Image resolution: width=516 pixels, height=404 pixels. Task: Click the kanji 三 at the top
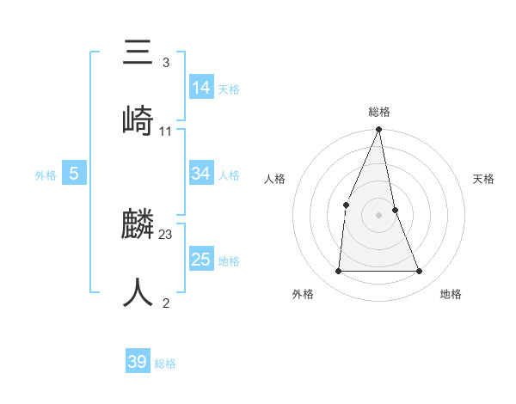pos(138,53)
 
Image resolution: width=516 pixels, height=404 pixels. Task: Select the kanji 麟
pos(138,226)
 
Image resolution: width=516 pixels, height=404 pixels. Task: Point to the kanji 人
pos(138,292)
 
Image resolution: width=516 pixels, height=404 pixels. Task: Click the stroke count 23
pos(166,235)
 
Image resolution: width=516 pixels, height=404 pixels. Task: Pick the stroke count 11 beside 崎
pos(166,131)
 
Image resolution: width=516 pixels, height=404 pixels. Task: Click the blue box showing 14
pos(201,87)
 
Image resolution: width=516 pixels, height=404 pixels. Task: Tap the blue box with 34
pos(201,174)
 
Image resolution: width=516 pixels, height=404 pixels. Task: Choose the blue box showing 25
pos(201,260)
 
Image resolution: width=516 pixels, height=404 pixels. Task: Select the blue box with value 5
pos(74,174)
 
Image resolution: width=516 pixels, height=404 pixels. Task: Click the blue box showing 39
pos(138,362)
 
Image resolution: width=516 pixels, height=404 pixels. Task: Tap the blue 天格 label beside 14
pos(229,89)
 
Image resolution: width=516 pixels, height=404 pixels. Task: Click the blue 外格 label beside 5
pos(46,175)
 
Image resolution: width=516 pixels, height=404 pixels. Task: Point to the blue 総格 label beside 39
pos(165,364)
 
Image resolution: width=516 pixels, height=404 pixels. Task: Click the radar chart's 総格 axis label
pos(379,112)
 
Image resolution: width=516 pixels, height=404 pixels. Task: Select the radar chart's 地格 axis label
pos(451,294)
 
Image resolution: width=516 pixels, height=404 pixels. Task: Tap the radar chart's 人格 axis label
pos(274,179)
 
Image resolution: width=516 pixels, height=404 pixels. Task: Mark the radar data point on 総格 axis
pos(378,130)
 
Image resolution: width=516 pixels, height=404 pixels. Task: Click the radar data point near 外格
pos(338,272)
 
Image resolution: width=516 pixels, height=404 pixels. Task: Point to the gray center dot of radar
pos(378,215)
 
